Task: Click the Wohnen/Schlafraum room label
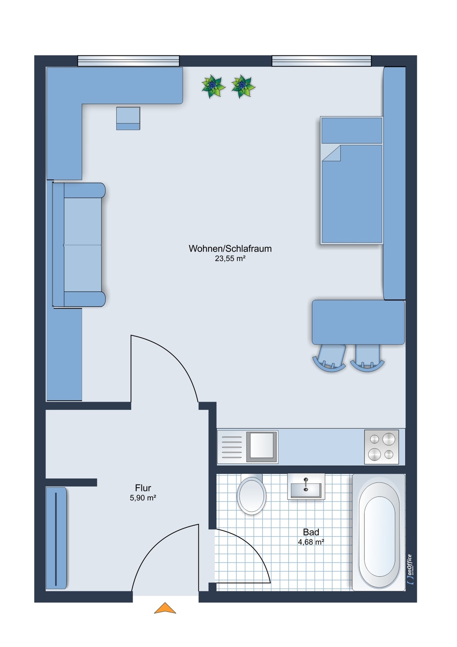(x=230, y=249)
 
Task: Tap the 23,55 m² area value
(x=230, y=259)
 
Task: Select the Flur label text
(x=143, y=488)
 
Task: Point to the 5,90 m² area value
(x=143, y=498)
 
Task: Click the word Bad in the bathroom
(x=311, y=532)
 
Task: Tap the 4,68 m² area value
(x=311, y=542)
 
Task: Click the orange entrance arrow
(x=165, y=609)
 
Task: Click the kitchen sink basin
(x=261, y=446)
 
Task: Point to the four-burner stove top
(x=381, y=446)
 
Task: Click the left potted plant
(x=213, y=86)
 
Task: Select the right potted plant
(x=242, y=86)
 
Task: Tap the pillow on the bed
(x=352, y=130)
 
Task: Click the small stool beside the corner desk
(x=128, y=118)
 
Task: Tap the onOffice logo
(x=410, y=569)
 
